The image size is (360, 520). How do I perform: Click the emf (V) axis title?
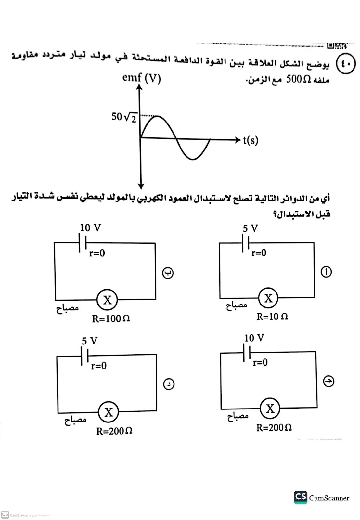tap(141, 78)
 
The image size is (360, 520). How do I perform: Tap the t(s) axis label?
tap(251, 140)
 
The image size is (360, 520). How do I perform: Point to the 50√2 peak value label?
tap(124, 117)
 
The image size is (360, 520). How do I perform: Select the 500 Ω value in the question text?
tap(298, 80)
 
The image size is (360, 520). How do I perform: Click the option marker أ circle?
tap(326, 272)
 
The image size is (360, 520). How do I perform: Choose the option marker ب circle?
tap(168, 273)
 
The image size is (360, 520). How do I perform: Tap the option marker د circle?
tap(168, 384)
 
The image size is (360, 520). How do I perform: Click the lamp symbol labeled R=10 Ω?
tap(268, 298)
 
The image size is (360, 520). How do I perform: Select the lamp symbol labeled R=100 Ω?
tap(107, 300)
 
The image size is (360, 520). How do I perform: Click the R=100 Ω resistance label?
tap(111, 318)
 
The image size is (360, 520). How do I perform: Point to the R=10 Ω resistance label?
tap(272, 317)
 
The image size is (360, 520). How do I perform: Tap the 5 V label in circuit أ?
tap(250, 228)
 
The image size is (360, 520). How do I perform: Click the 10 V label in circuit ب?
tap(90, 228)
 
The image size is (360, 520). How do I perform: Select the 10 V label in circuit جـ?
tap(254, 338)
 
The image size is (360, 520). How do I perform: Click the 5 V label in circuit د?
tap(89, 341)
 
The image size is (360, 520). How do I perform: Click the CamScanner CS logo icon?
tap(300, 497)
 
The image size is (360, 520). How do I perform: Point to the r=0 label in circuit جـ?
tap(260, 362)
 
